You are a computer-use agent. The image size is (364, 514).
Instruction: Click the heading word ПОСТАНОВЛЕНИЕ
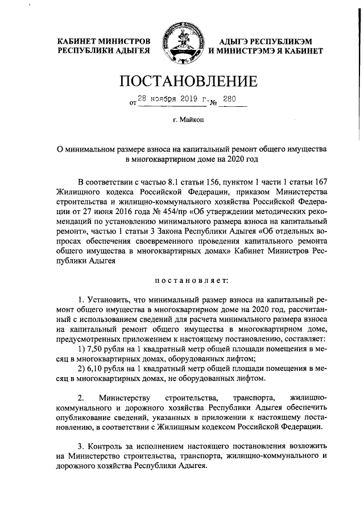pyautogui.click(x=181, y=82)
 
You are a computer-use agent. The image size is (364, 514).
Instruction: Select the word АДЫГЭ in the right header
pyautogui.click(x=234, y=41)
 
